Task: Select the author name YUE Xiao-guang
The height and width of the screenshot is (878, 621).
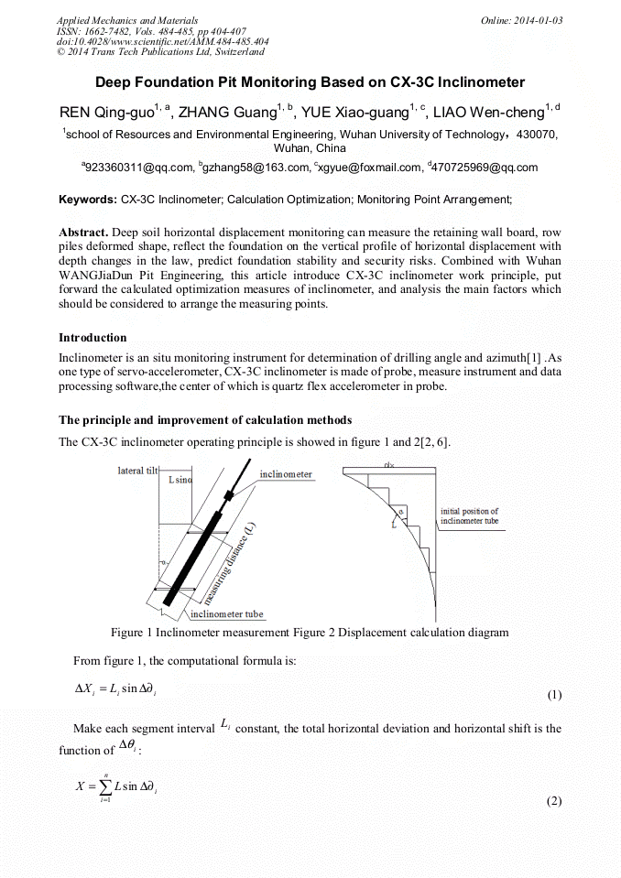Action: coord(353,114)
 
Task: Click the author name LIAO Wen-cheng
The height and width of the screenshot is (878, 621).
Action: coord(485,114)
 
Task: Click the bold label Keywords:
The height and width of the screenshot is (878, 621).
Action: coord(88,200)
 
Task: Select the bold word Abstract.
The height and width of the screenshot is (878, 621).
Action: coord(83,233)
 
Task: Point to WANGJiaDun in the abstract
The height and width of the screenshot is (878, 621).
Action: coord(97,276)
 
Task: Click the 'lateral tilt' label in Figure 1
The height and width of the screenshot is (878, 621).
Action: coord(137,471)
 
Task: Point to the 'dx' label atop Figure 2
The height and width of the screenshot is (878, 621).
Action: coord(389,465)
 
